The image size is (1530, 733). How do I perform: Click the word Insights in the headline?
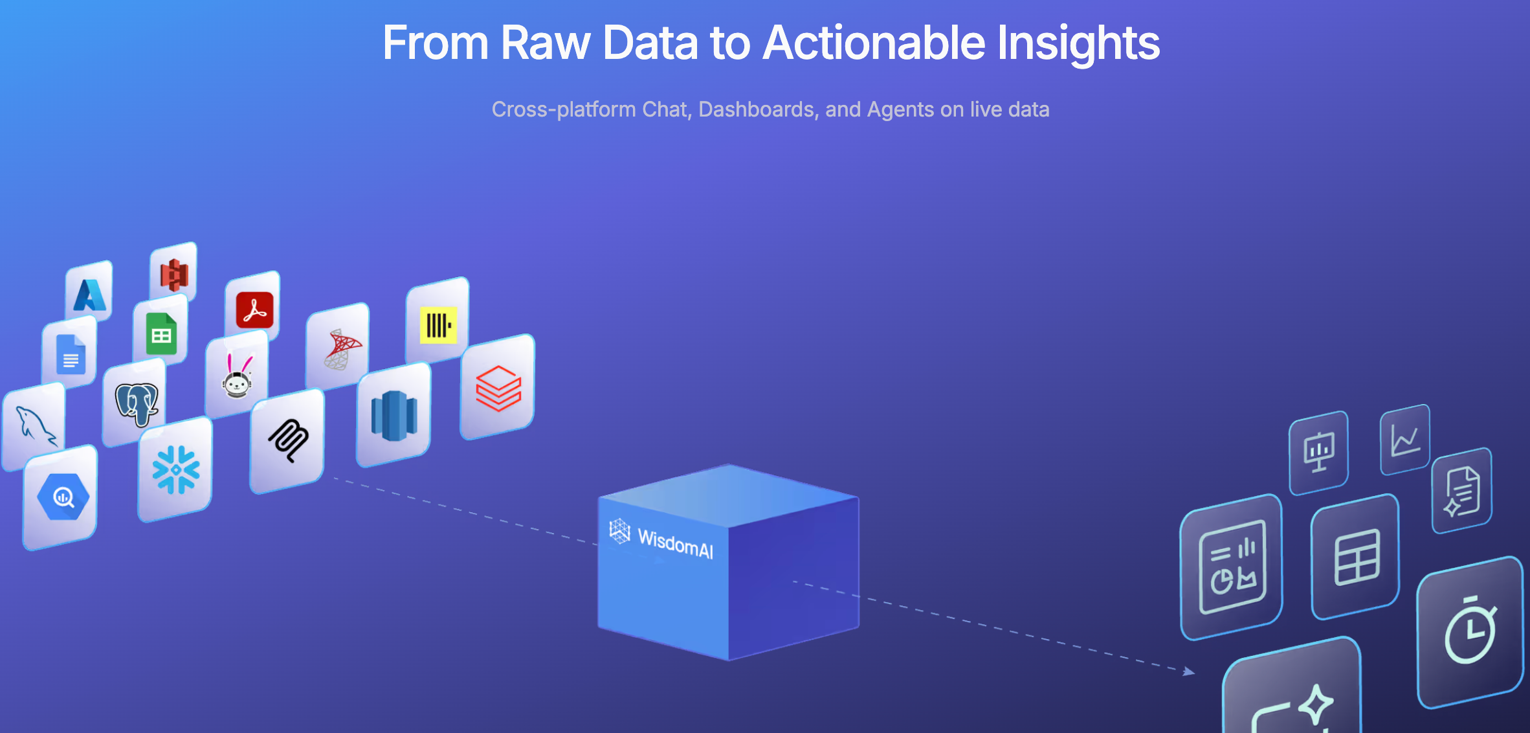[1078, 43]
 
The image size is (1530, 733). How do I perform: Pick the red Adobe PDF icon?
[254, 310]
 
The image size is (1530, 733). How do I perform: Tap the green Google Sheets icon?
[161, 333]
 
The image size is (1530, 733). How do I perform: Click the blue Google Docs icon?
[71, 354]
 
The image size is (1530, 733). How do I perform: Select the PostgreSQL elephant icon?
[136, 403]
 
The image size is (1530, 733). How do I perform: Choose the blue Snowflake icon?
[176, 469]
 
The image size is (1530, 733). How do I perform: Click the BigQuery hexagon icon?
[63, 497]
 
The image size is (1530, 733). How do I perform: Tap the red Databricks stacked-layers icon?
[498, 389]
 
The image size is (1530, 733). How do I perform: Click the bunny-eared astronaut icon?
[237, 376]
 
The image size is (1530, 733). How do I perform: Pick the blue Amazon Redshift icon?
[394, 416]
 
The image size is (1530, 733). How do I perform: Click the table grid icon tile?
[1356, 557]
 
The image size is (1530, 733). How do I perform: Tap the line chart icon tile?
[1405, 440]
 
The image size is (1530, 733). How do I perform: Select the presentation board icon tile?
[1319, 452]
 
